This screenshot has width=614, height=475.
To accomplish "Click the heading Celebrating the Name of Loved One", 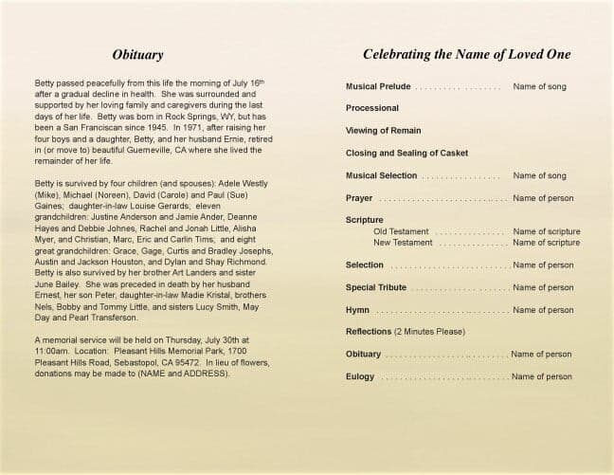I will [458, 55].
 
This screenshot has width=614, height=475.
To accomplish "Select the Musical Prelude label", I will [379, 86].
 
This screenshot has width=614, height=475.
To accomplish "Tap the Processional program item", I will [372, 108].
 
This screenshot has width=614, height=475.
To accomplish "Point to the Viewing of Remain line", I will [383, 130].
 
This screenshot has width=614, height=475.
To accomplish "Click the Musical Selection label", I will [382, 175].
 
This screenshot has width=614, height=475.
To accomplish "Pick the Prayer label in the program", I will [359, 198].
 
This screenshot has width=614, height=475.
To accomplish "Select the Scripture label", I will [365, 220].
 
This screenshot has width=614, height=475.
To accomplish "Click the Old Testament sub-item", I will [402, 231].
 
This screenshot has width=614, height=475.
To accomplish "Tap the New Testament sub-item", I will [403, 243].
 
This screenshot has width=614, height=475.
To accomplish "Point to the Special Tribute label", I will [376, 287].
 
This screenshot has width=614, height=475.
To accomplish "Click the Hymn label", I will [357, 310].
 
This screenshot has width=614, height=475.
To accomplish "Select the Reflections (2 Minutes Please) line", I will [406, 332].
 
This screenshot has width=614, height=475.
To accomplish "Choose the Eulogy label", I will [360, 376].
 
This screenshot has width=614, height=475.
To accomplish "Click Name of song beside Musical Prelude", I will [539, 86].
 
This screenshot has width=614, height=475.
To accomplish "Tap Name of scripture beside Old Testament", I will [547, 231].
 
